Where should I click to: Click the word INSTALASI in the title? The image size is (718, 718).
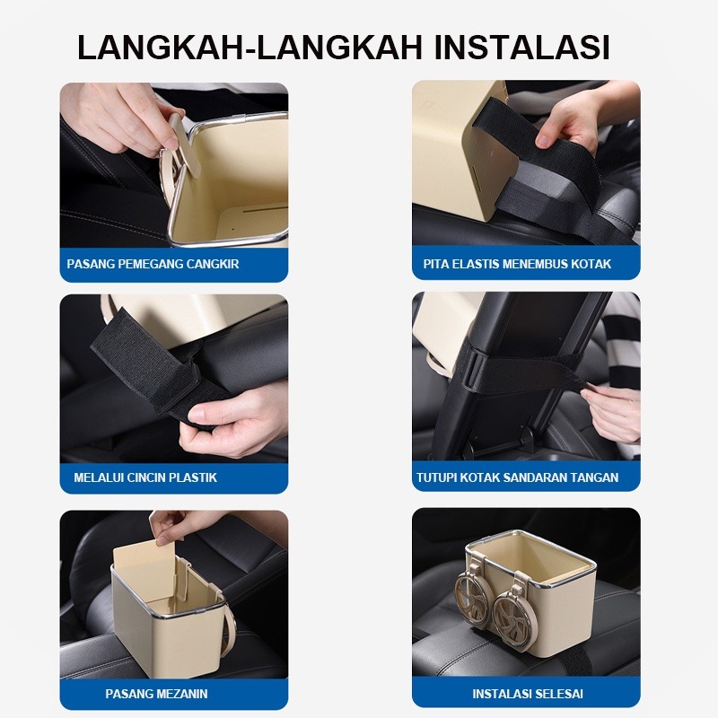click(521, 47)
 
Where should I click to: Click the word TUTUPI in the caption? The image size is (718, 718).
click(436, 477)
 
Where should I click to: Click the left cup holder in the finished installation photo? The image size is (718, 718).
click(473, 591)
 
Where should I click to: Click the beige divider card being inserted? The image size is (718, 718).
click(144, 573)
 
